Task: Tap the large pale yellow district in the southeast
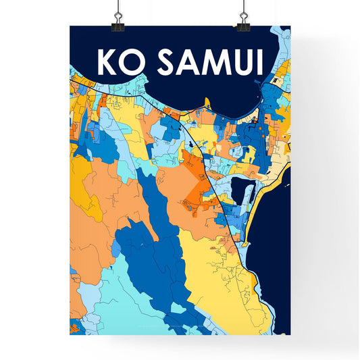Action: coord(216,277)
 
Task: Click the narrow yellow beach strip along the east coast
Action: coord(259,203)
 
